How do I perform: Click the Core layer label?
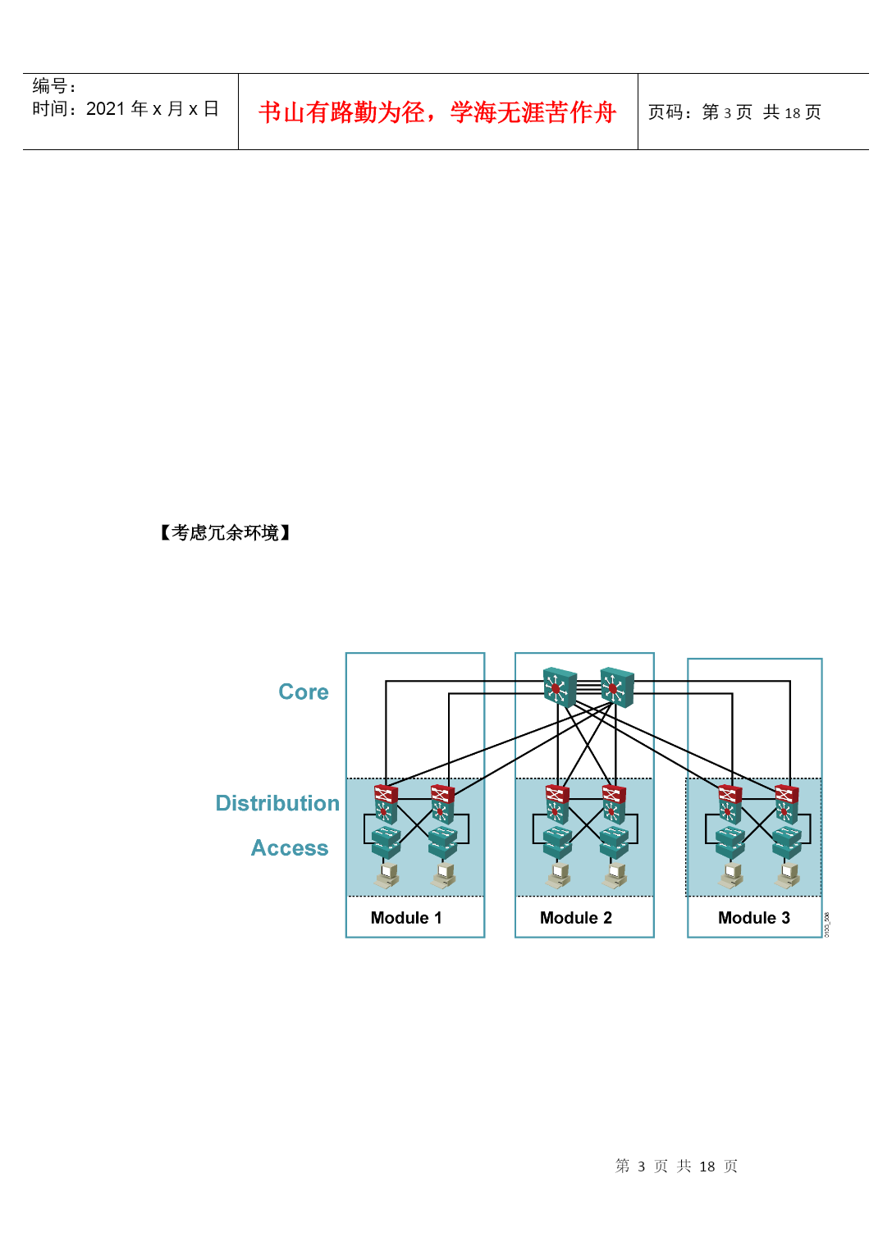point(304,692)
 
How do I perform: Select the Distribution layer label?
point(277,803)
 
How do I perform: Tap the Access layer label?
point(290,847)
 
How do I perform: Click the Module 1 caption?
point(406,918)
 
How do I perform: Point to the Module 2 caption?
point(576,918)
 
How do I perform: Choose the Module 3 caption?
point(754,918)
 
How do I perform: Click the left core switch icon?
point(560,687)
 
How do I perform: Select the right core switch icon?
point(617,687)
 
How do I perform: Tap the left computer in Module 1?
point(387,876)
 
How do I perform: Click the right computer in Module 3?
point(788,876)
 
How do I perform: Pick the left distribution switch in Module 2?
point(557,805)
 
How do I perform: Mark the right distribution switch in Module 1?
point(443,805)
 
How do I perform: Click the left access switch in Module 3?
point(730,842)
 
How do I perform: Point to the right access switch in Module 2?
point(614,842)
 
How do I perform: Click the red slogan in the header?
point(437,112)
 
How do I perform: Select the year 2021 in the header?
point(105,108)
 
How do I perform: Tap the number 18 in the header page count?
point(793,113)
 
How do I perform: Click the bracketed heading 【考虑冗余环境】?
point(225,532)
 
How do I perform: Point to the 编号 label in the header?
point(49,85)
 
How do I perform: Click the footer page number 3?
point(641,1166)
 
